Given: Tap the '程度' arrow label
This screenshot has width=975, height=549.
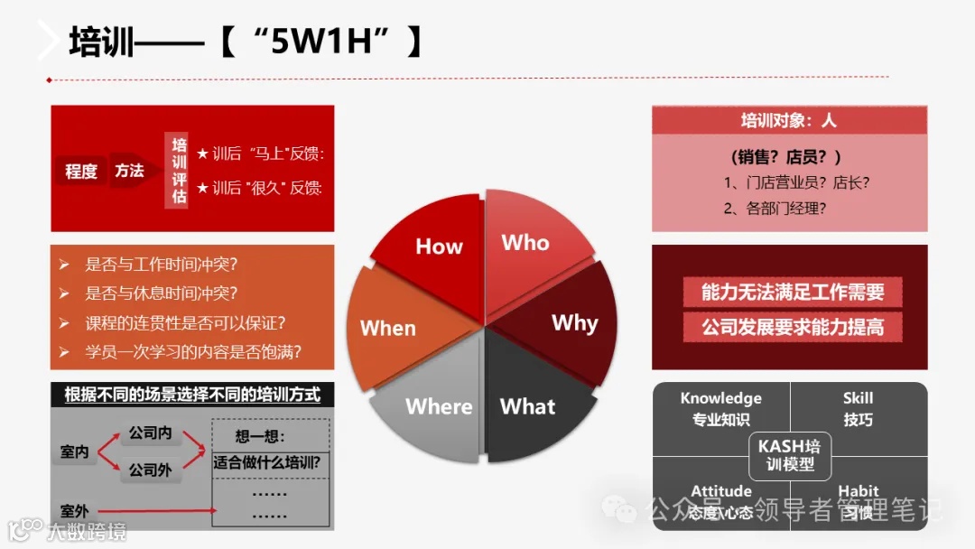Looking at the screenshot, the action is (x=81, y=170).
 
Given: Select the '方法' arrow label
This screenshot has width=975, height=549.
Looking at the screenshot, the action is (x=129, y=170).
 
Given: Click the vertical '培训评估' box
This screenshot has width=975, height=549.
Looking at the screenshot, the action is (x=180, y=171).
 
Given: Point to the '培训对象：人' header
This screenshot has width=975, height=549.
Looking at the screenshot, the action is (x=788, y=120).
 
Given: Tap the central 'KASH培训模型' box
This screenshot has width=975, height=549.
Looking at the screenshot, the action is (x=789, y=455).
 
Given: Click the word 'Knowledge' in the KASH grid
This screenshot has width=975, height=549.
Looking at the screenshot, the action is (x=720, y=398).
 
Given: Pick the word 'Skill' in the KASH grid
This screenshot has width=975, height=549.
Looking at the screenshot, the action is (x=858, y=398).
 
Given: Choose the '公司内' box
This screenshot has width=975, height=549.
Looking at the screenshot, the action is (x=150, y=433).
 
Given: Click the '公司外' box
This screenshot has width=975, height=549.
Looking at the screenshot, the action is (x=150, y=470).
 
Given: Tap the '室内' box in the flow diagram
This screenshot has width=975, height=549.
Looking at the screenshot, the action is (x=75, y=451).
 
